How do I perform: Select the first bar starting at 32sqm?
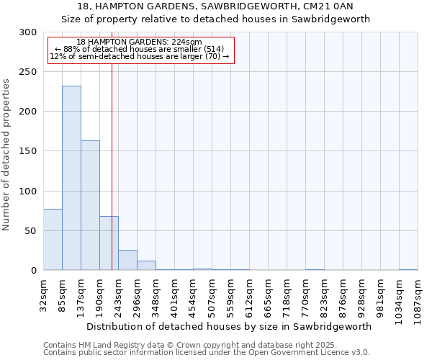(x=53, y=240)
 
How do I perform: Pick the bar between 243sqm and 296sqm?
(x=127, y=260)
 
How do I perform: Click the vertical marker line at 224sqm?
(x=112, y=144)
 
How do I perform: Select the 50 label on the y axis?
(x=32, y=231)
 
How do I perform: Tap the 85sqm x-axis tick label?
(x=62, y=294)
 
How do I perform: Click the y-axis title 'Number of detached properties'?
(x=6, y=155)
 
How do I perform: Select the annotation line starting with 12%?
(x=140, y=56)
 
